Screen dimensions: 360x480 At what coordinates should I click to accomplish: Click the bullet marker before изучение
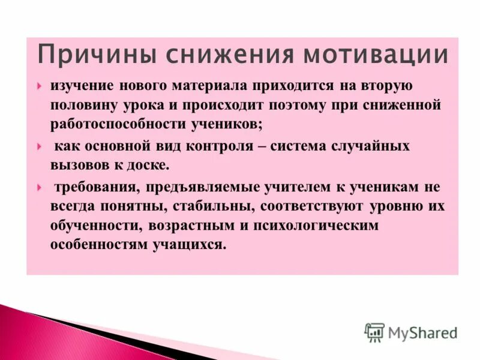pos(39,86)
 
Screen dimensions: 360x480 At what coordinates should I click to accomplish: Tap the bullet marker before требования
pos(39,187)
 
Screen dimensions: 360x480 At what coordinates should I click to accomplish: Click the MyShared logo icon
pos(374,332)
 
